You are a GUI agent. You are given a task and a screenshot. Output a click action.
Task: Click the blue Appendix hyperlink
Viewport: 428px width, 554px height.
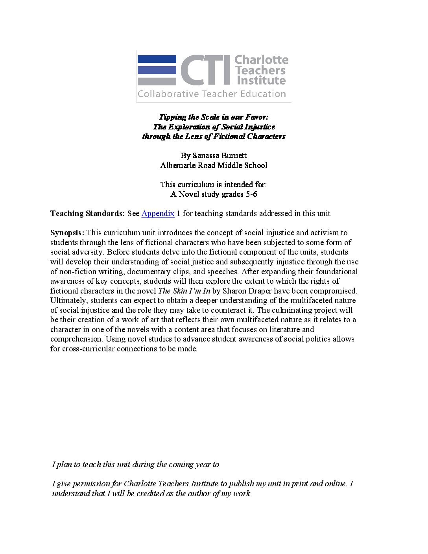coord(158,213)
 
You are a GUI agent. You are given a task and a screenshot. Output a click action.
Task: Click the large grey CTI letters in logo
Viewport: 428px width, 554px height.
coord(205,70)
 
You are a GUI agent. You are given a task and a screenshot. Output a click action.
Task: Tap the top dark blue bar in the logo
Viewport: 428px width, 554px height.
coord(157,59)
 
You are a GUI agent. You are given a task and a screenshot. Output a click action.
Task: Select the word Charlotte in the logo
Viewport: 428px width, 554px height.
coord(261,60)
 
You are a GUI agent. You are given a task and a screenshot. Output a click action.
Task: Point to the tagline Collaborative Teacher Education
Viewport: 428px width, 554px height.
coord(212,94)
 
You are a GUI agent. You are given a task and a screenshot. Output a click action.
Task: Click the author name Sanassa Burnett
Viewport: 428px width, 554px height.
coord(220,155)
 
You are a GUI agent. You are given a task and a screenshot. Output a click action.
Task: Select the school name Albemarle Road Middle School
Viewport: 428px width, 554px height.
coord(214,165)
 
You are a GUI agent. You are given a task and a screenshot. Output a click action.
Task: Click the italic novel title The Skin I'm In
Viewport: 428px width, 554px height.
coord(184,291)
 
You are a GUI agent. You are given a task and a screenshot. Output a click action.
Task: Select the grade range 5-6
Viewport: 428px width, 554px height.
coord(251,194)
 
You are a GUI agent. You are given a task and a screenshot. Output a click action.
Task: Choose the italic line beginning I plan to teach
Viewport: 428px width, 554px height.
coord(136,464)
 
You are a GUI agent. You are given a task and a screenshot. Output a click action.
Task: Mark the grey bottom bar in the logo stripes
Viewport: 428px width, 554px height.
coord(157,81)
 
